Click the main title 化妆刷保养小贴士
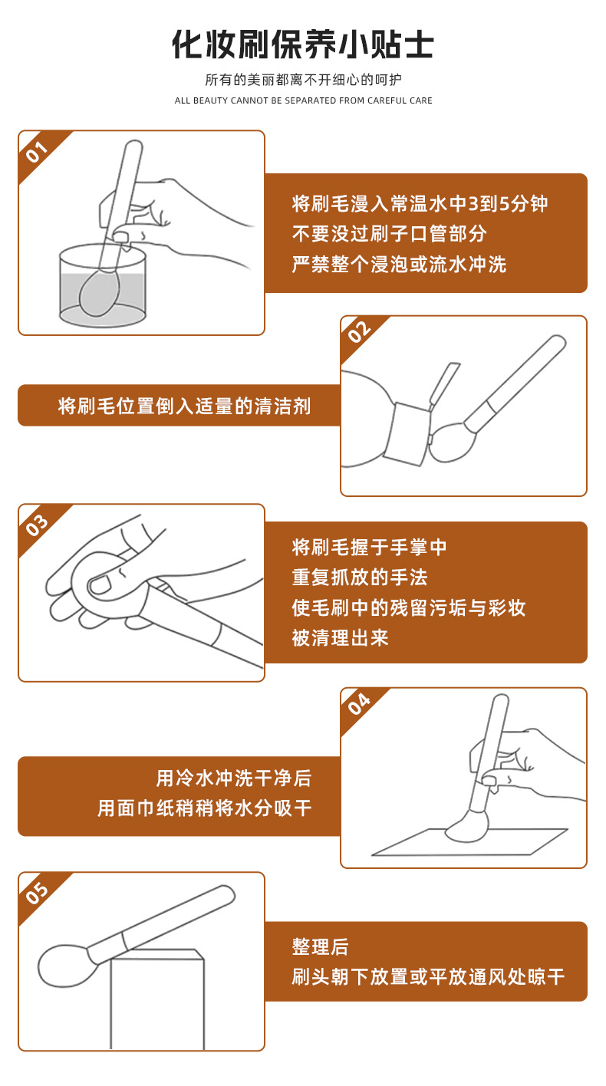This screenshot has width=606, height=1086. point(302,44)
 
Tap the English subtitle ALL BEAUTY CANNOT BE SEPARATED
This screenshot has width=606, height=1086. point(303,100)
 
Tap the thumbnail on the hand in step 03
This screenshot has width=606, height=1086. point(99,586)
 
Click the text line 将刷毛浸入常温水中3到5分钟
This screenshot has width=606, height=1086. point(420,204)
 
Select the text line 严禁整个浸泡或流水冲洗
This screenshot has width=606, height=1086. point(399,265)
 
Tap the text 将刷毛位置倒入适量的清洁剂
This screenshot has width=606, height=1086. point(184,406)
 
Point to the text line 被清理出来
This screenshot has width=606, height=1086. point(340,637)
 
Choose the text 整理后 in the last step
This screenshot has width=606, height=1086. point(320,947)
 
